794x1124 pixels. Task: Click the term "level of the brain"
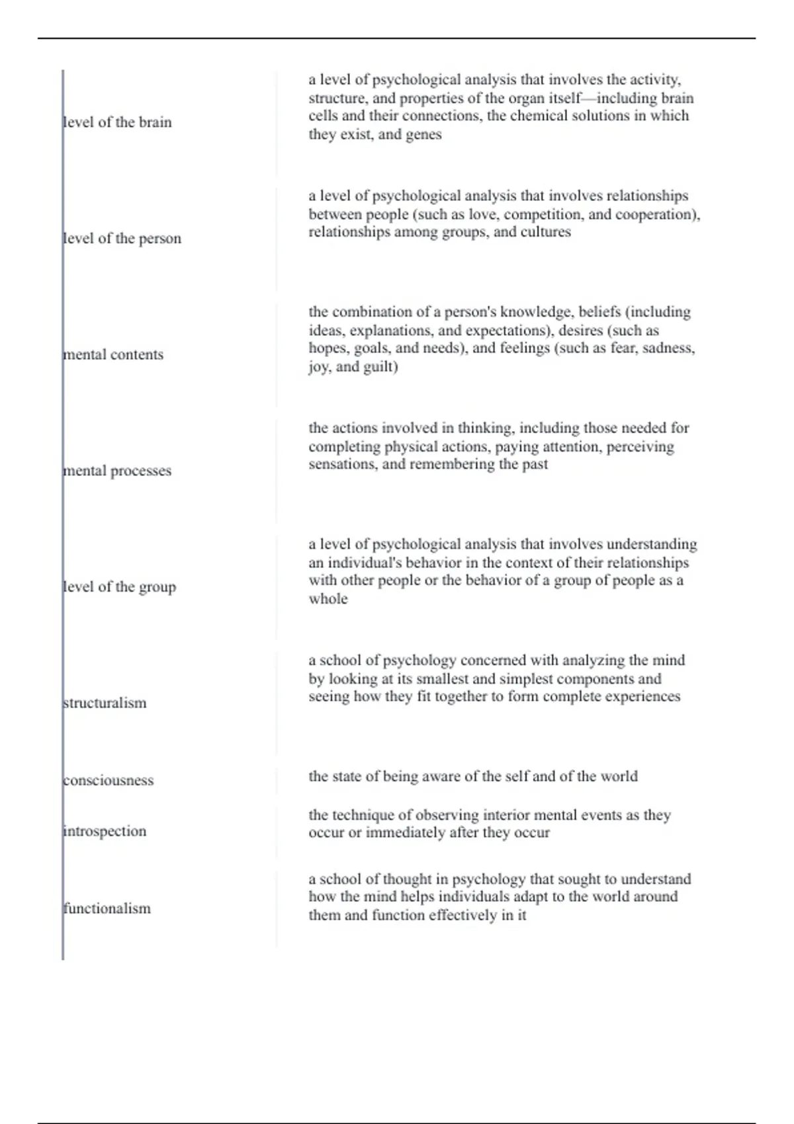pyautogui.click(x=118, y=122)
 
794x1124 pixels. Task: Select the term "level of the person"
pyautogui.click(x=122, y=239)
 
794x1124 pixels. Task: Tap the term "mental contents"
pyautogui.click(x=114, y=354)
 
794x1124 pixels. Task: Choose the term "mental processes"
pyautogui.click(x=118, y=471)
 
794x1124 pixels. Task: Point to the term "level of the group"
pyautogui.click(x=120, y=587)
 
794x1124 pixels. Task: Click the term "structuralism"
pyautogui.click(x=105, y=703)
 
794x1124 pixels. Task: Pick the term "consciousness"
pyautogui.click(x=109, y=780)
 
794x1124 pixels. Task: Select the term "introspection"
pyautogui.click(x=105, y=831)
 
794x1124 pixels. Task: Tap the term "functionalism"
pyautogui.click(x=107, y=908)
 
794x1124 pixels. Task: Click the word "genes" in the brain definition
pyautogui.click(x=423, y=135)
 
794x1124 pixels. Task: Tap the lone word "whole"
pyautogui.click(x=328, y=599)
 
